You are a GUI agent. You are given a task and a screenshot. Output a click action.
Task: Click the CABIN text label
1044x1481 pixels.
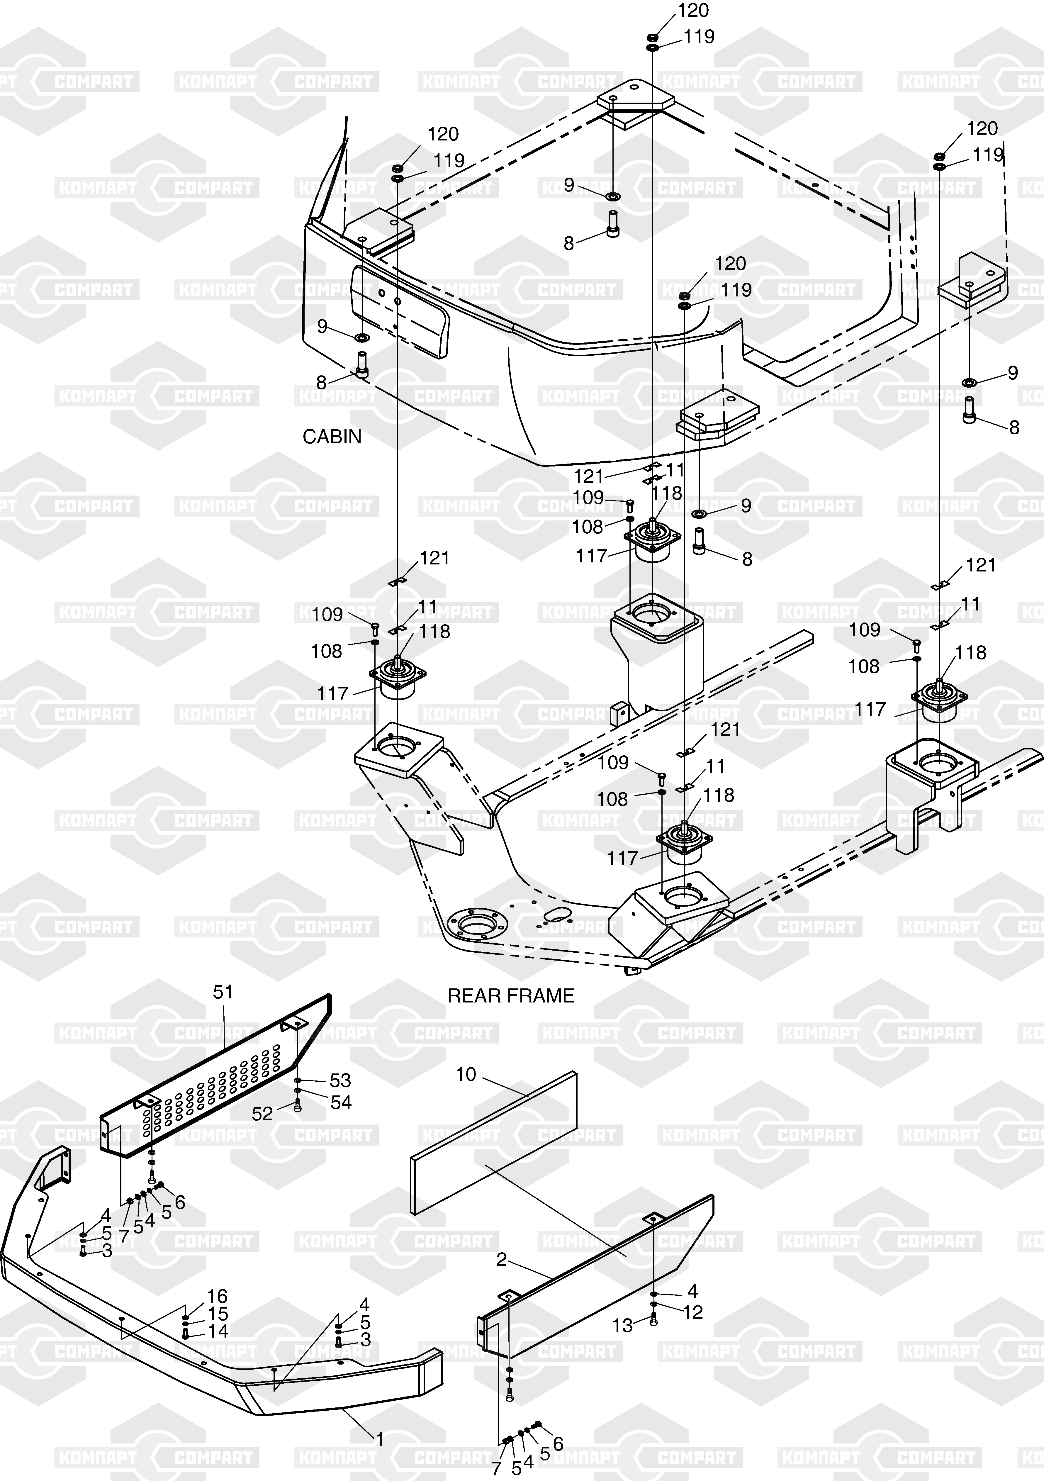coord(332,437)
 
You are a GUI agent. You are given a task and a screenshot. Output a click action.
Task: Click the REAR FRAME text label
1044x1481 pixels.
coord(511,996)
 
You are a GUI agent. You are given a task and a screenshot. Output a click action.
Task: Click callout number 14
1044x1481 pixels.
coord(217,1331)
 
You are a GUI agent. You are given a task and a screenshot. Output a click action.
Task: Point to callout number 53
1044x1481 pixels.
coord(340,1080)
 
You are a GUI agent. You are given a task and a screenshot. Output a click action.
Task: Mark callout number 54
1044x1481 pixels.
coord(340,1102)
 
